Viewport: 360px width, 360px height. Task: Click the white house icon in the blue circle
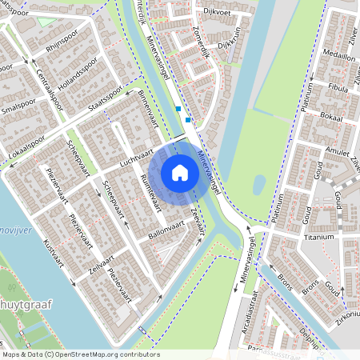(x=180, y=172)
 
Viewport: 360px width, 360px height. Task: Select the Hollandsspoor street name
(x=78, y=73)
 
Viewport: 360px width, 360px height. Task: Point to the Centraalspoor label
(x=50, y=90)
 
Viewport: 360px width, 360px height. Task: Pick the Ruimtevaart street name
(x=150, y=191)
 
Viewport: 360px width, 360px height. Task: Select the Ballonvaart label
(x=166, y=232)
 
